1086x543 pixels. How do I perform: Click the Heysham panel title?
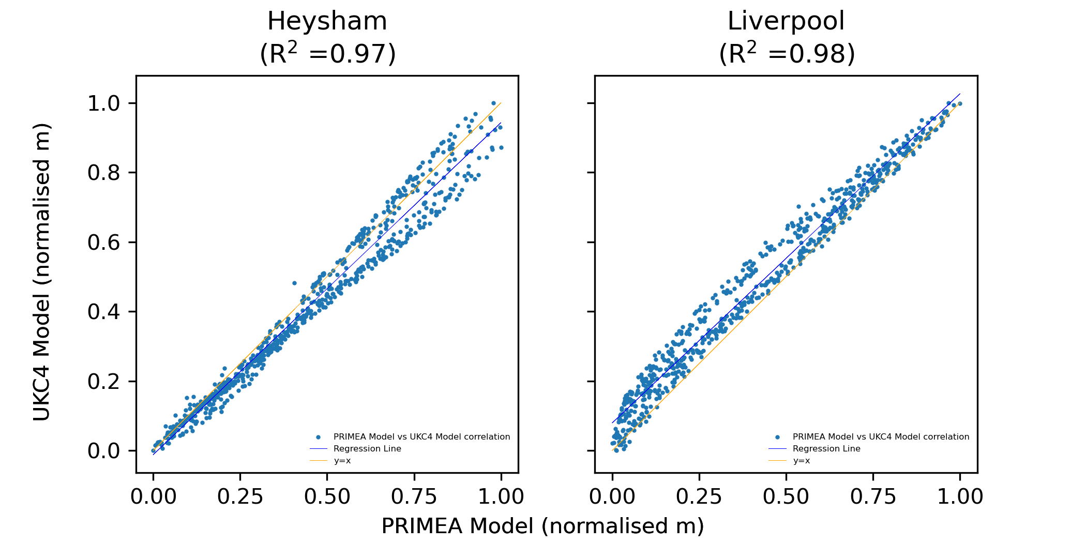[x=327, y=22]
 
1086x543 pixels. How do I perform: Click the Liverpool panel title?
[x=786, y=22]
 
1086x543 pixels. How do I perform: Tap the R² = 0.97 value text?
[x=328, y=54]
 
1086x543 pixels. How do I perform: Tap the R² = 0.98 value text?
[x=787, y=54]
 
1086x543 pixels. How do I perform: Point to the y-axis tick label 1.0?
[x=103, y=103]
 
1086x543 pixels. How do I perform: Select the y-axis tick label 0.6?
[x=103, y=242]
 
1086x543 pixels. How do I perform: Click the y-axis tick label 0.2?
[x=103, y=382]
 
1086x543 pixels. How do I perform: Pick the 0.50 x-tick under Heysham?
[x=327, y=497]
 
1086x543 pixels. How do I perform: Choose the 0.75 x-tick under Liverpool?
[x=873, y=497]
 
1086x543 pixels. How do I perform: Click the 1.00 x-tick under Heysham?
[x=501, y=497]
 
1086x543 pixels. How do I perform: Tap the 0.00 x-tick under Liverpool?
[x=612, y=497]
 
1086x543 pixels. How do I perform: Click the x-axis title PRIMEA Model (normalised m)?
[x=542, y=526]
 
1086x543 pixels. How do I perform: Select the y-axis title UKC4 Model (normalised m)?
[x=42, y=272]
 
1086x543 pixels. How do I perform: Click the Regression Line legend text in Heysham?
[x=367, y=449]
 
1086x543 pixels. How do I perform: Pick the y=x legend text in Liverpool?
[x=802, y=461]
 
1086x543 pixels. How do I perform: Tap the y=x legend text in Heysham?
[x=342, y=461]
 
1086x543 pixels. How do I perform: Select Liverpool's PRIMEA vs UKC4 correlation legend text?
[x=881, y=437]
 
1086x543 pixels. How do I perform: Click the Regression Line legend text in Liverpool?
[x=826, y=449]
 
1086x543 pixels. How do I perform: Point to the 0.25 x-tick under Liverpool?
[x=699, y=497]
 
